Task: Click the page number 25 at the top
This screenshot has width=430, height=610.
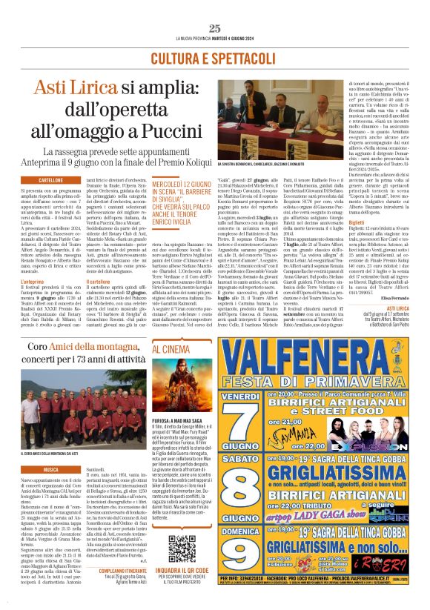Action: pyautogui.click(x=215, y=28)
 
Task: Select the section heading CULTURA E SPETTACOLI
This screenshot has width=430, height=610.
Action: pyautogui.click(x=215, y=58)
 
